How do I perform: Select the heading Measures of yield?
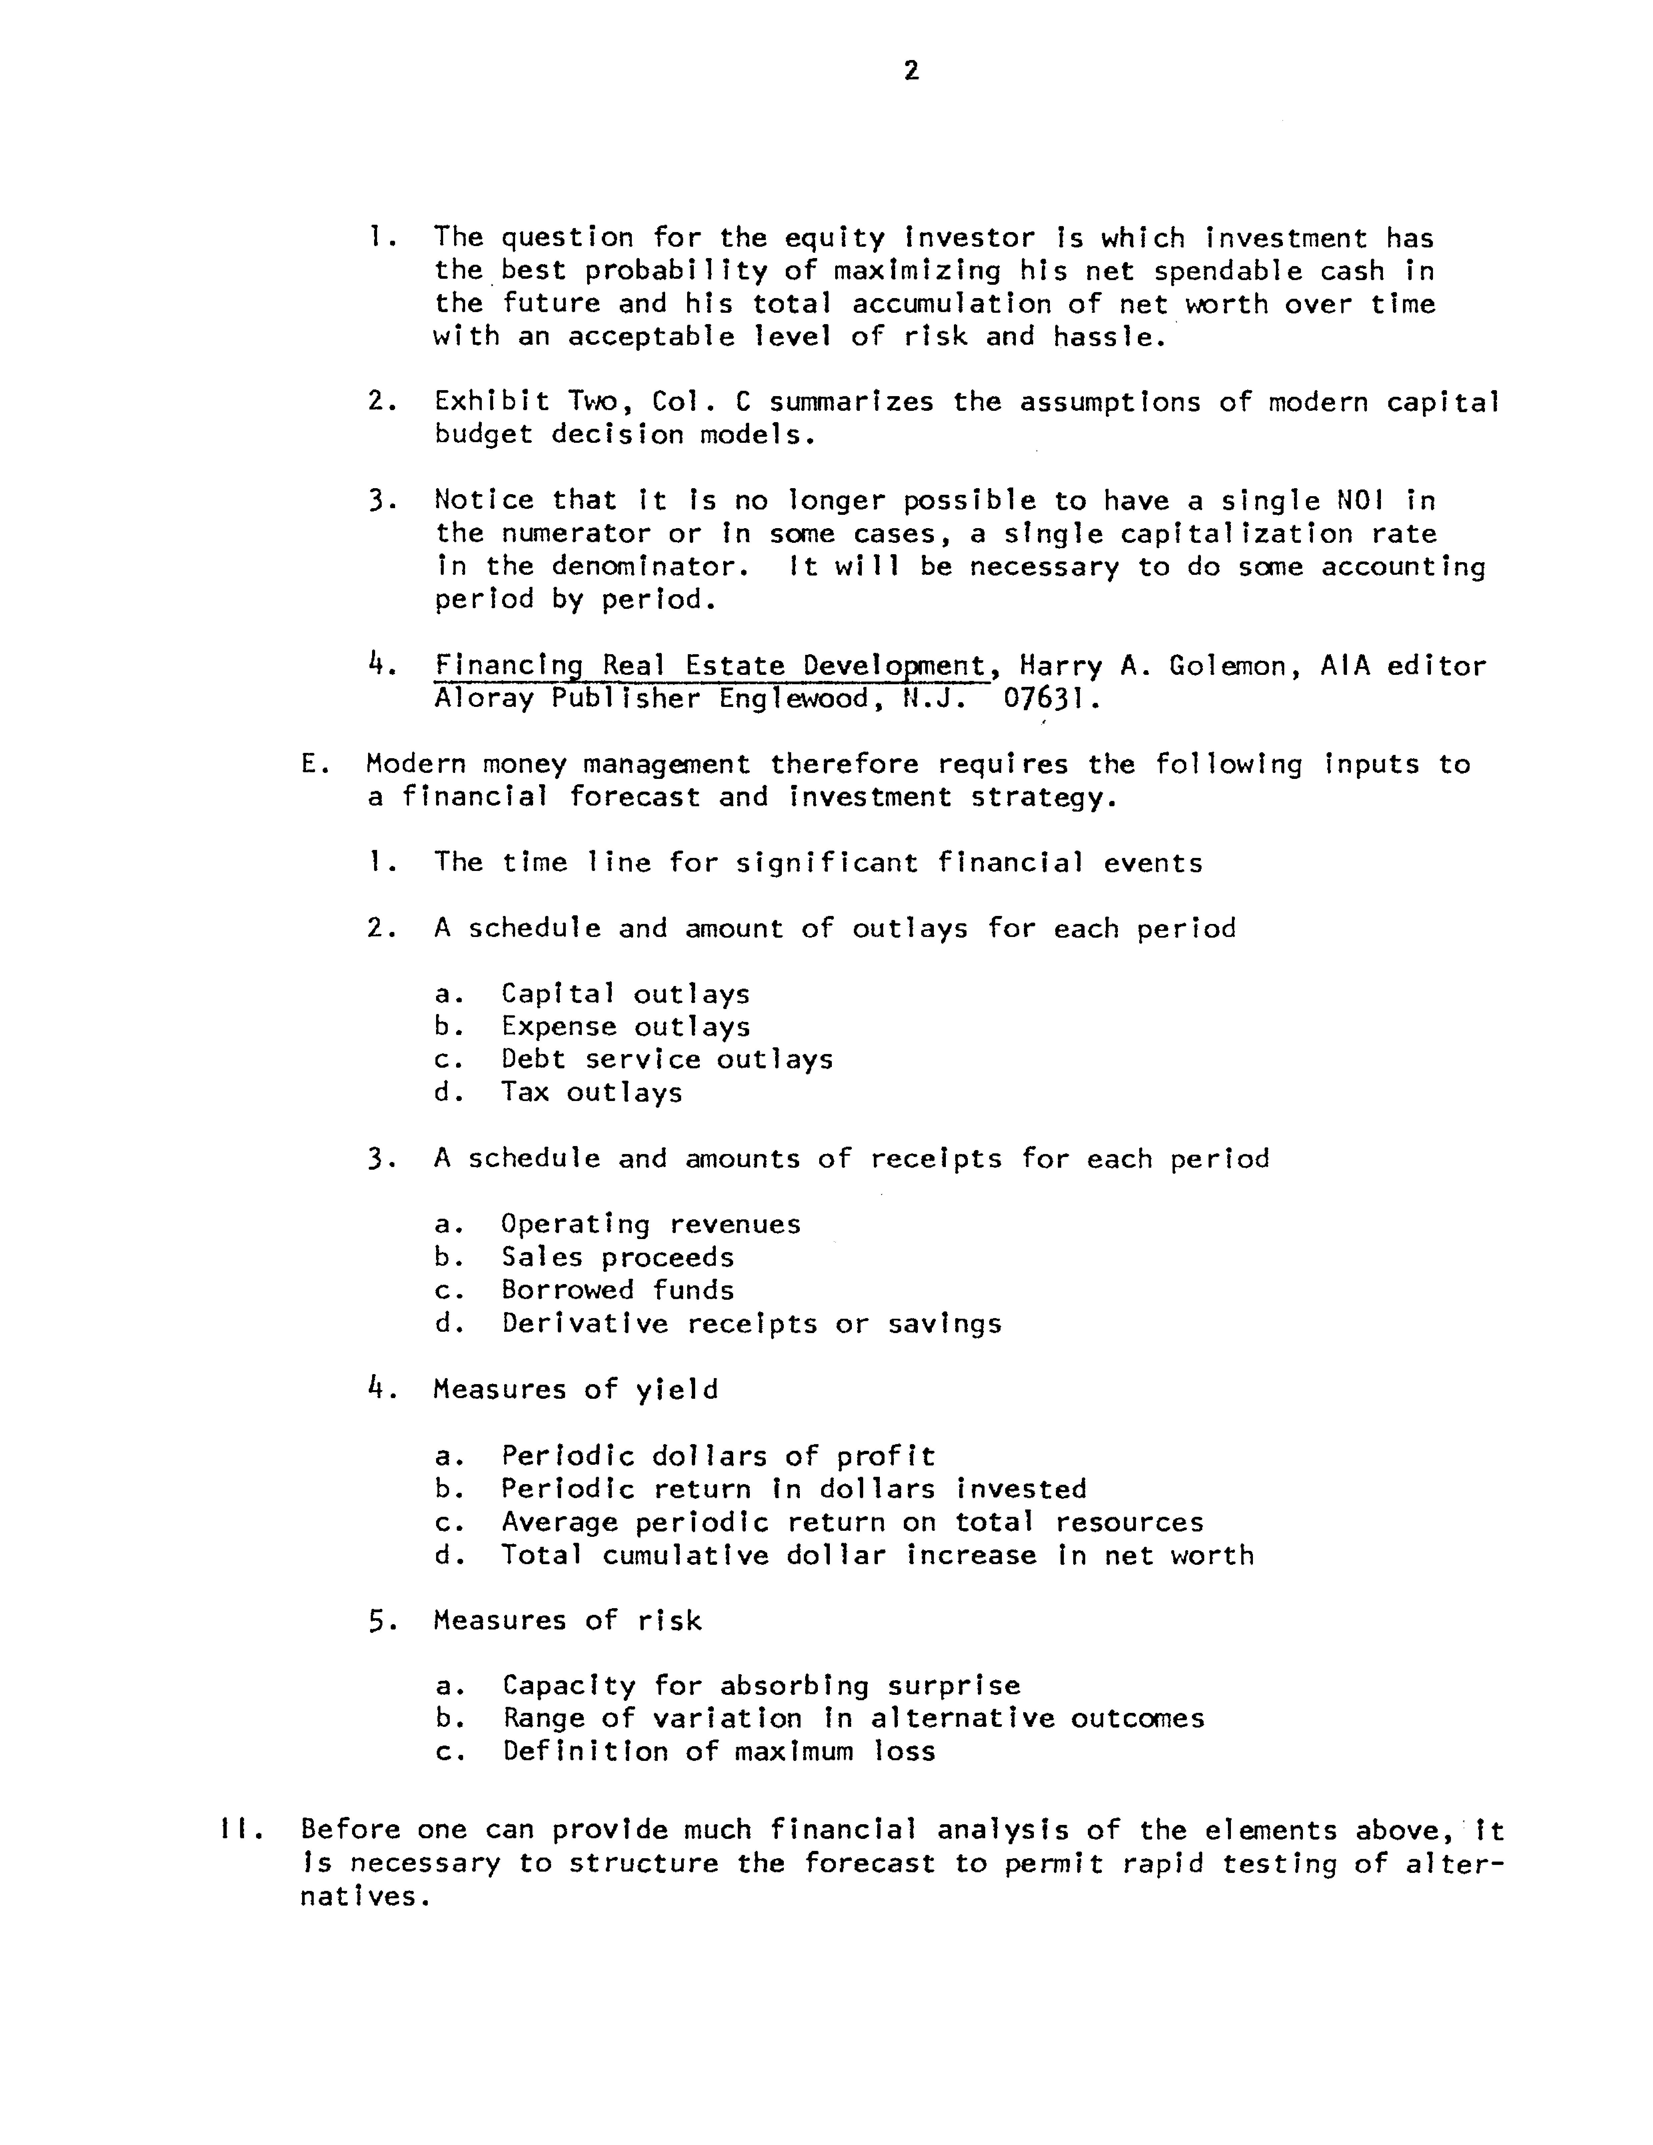point(575,1389)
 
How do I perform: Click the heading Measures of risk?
point(568,1620)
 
